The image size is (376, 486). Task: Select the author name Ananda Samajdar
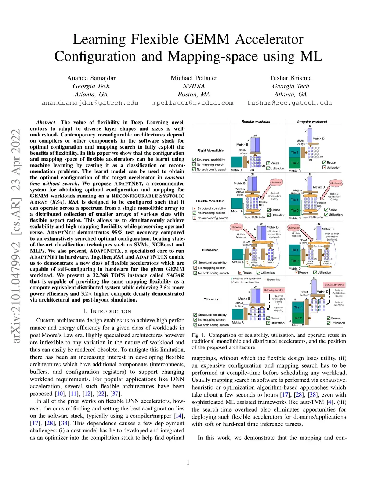click(x=91, y=78)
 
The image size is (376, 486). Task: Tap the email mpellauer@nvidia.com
click(x=193, y=103)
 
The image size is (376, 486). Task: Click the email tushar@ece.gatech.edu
click(x=289, y=103)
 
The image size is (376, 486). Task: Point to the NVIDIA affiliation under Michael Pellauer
click(x=194, y=86)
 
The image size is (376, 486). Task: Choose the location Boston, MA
click(x=194, y=94)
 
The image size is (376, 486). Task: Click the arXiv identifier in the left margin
click(x=16, y=237)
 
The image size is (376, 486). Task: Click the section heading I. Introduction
click(x=107, y=311)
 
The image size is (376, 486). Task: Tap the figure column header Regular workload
click(x=256, y=121)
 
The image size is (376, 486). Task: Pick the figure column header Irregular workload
click(x=312, y=121)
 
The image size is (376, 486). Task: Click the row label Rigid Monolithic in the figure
click(x=210, y=150)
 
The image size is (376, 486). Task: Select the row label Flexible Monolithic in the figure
click(x=210, y=201)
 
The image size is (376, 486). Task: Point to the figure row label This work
click(x=211, y=299)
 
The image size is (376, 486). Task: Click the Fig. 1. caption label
click(x=198, y=335)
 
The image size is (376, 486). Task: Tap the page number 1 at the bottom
click(x=188, y=463)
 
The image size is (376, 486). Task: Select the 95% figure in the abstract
click(x=117, y=233)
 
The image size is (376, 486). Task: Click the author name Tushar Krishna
click(x=290, y=78)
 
